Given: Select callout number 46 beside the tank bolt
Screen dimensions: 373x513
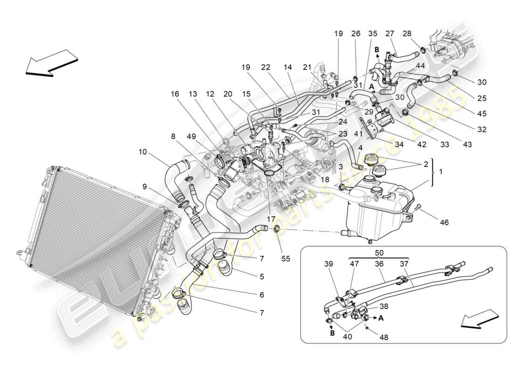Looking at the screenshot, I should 444,223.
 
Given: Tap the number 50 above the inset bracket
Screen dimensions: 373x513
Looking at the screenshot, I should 379,252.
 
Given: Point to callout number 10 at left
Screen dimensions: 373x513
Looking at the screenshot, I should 143,152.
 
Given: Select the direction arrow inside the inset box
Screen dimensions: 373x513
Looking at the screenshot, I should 477,321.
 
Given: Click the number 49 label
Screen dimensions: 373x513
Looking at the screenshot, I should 192,136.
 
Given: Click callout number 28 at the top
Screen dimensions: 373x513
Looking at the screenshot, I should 407,34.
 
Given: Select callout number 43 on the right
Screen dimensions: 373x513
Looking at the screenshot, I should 468,145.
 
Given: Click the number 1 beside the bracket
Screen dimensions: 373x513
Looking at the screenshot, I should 441,172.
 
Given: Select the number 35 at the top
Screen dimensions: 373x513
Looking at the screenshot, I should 373,34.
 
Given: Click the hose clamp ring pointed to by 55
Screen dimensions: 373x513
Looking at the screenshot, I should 276,228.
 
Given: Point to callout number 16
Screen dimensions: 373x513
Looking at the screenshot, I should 174,94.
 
